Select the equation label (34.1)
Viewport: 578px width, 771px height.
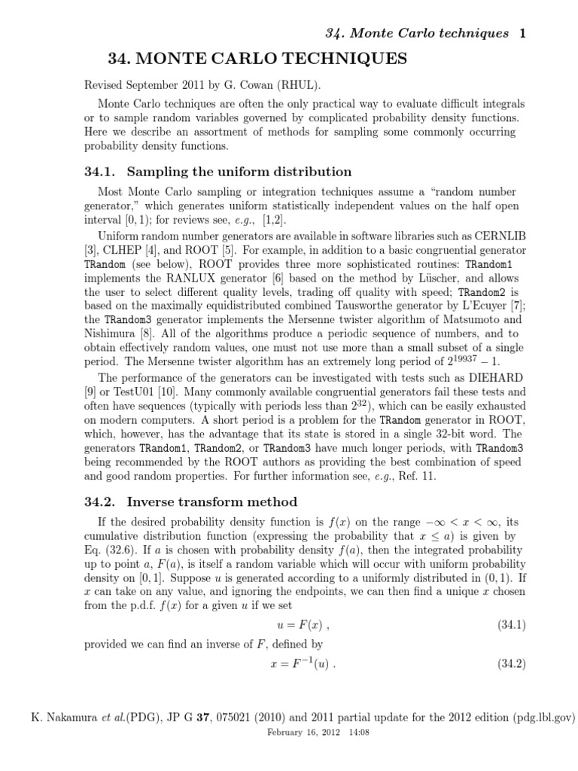point(511,624)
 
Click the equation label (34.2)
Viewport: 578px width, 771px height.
point(511,663)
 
